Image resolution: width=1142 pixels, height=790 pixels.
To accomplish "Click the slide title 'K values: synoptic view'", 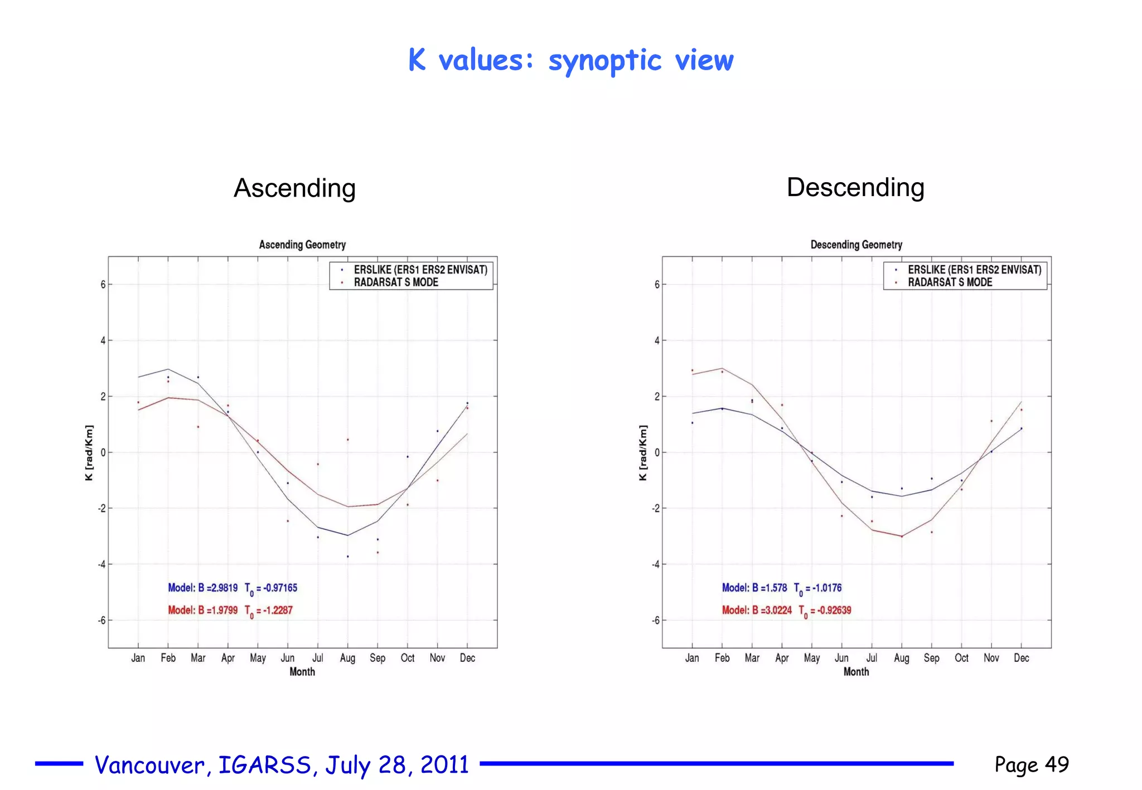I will click(x=570, y=60).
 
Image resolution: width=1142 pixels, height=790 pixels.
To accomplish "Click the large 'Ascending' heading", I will click(x=294, y=188).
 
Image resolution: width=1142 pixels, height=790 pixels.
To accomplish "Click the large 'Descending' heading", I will click(x=855, y=187).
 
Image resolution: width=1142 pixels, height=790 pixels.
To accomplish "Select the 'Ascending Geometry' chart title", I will click(x=302, y=245).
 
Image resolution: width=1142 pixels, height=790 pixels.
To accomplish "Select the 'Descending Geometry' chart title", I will click(x=856, y=245).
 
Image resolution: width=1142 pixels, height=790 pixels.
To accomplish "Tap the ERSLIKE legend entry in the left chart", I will click(x=420, y=270).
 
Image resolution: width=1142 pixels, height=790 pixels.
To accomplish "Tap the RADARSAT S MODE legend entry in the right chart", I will click(x=950, y=282).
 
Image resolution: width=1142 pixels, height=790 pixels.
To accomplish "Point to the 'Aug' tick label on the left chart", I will click(x=347, y=658).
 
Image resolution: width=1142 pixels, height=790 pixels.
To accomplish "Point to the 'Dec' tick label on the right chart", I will click(x=1021, y=658).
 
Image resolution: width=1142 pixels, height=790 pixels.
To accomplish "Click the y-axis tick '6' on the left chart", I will click(x=103, y=285).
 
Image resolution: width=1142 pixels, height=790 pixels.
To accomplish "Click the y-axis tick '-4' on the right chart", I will click(x=656, y=564).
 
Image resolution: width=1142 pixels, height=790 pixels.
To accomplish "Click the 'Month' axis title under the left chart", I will click(x=302, y=672).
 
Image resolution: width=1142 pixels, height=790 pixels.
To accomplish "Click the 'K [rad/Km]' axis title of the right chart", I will click(x=643, y=452).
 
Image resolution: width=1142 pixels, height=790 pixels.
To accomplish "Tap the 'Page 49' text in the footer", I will click(x=1032, y=764).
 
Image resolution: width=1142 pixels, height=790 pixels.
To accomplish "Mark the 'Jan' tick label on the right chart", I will click(x=692, y=658).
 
